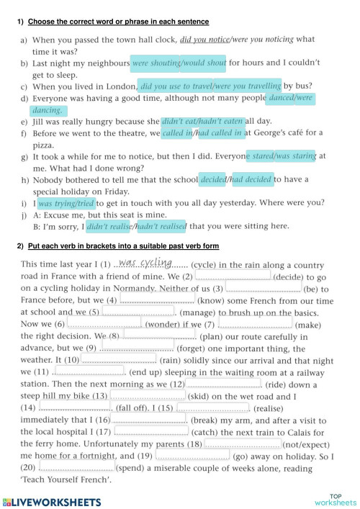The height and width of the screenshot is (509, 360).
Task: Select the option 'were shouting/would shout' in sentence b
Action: click(x=179, y=63)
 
